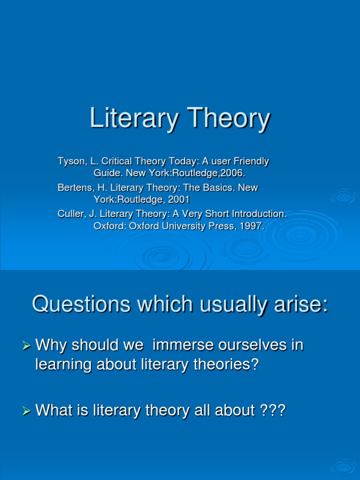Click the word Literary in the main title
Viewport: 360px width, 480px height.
pos(131,119)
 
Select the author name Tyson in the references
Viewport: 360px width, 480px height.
pos(69,162)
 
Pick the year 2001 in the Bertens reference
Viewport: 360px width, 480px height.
pos(180,200)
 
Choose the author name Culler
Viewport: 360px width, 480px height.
pos(69,214)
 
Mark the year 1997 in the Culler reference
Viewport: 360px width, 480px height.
pos(252,226)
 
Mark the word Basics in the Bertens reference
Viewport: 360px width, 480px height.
pos(210,187)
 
